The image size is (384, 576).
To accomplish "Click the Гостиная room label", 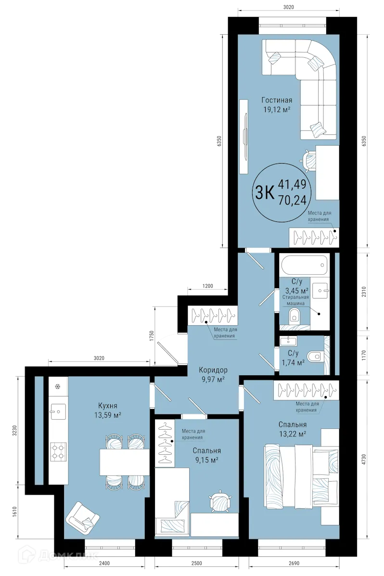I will point(277,100).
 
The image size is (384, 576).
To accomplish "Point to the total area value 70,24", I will point(294,199).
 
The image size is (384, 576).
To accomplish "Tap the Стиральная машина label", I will point(295,301).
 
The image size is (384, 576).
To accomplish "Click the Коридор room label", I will point(213,370).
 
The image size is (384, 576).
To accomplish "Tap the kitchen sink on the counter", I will point(57,411).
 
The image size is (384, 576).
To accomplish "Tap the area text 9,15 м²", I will point(206,460).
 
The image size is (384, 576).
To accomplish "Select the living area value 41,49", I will point(294,183).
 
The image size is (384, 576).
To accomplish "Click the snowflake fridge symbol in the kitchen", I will point(58,386).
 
